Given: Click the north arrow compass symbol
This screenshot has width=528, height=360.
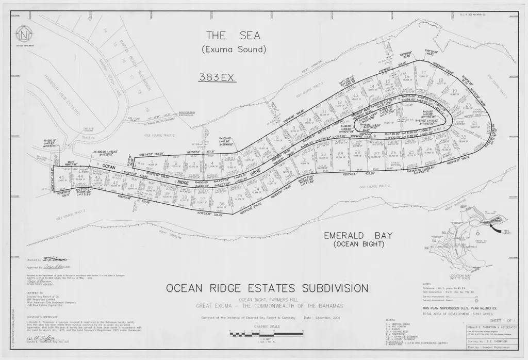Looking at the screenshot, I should (23, 35).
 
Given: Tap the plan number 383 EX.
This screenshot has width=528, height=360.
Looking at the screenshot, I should (217, 77).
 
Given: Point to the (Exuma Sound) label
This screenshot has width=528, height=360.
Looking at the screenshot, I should (234, 50).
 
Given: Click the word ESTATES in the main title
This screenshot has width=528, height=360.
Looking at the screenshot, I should (266, 288).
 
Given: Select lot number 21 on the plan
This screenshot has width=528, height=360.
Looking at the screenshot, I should (474, 124).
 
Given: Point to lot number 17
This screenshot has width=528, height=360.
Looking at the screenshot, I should (422, 73).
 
